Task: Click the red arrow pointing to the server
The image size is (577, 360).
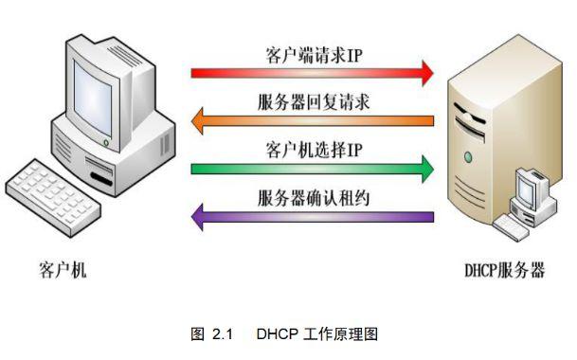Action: click(x=303, y=71)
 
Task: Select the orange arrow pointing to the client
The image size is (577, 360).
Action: click(x=313, y=120)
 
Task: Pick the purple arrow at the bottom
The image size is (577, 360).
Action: click(x=313, y=217)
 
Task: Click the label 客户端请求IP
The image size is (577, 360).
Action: click(x=313, y=53)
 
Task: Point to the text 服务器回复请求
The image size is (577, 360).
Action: click(x=313, y=101)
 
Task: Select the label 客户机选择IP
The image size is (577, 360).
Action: click(x=313, y=150)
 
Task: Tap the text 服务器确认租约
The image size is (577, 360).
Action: click(x=313, y=198)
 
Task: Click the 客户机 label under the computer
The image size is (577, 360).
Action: click(x=63, y=271)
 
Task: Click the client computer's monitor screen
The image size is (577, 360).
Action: click(x=102, y=87)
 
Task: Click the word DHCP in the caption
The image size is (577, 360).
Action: click(x=274, y=333)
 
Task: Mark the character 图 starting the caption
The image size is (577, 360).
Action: click(x=198, y=333)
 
